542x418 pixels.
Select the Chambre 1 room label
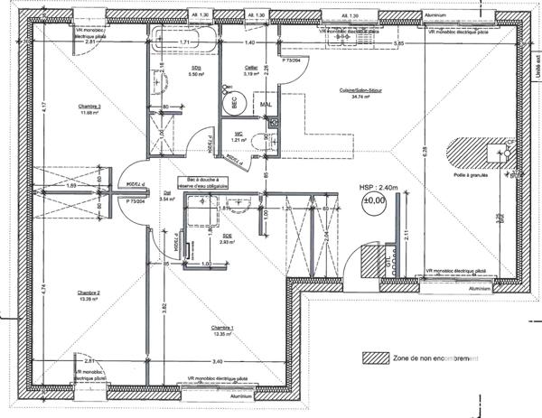(x=222, y=330)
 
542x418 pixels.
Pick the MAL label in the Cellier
(x=266, y=104)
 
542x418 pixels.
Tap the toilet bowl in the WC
(x=260, y=141)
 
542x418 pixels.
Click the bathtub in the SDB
(x=184, y=41)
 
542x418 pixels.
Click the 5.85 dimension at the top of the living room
(x=398, y=43)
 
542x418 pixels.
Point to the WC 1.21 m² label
(x=238, y=137)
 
